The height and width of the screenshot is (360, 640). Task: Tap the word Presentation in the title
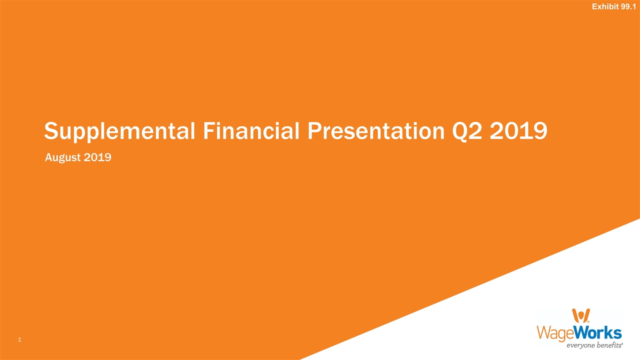coord(375,131)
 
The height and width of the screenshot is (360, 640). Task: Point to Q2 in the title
coord(467,131)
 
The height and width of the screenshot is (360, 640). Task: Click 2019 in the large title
coord(519,131)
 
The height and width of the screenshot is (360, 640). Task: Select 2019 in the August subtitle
coord(97,158)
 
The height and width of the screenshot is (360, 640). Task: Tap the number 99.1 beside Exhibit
coord(629,6)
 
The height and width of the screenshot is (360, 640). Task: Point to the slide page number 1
coord(19,340)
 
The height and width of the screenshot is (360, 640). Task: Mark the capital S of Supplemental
coord(51,131)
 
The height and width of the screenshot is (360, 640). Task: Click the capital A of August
coord(48,158)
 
